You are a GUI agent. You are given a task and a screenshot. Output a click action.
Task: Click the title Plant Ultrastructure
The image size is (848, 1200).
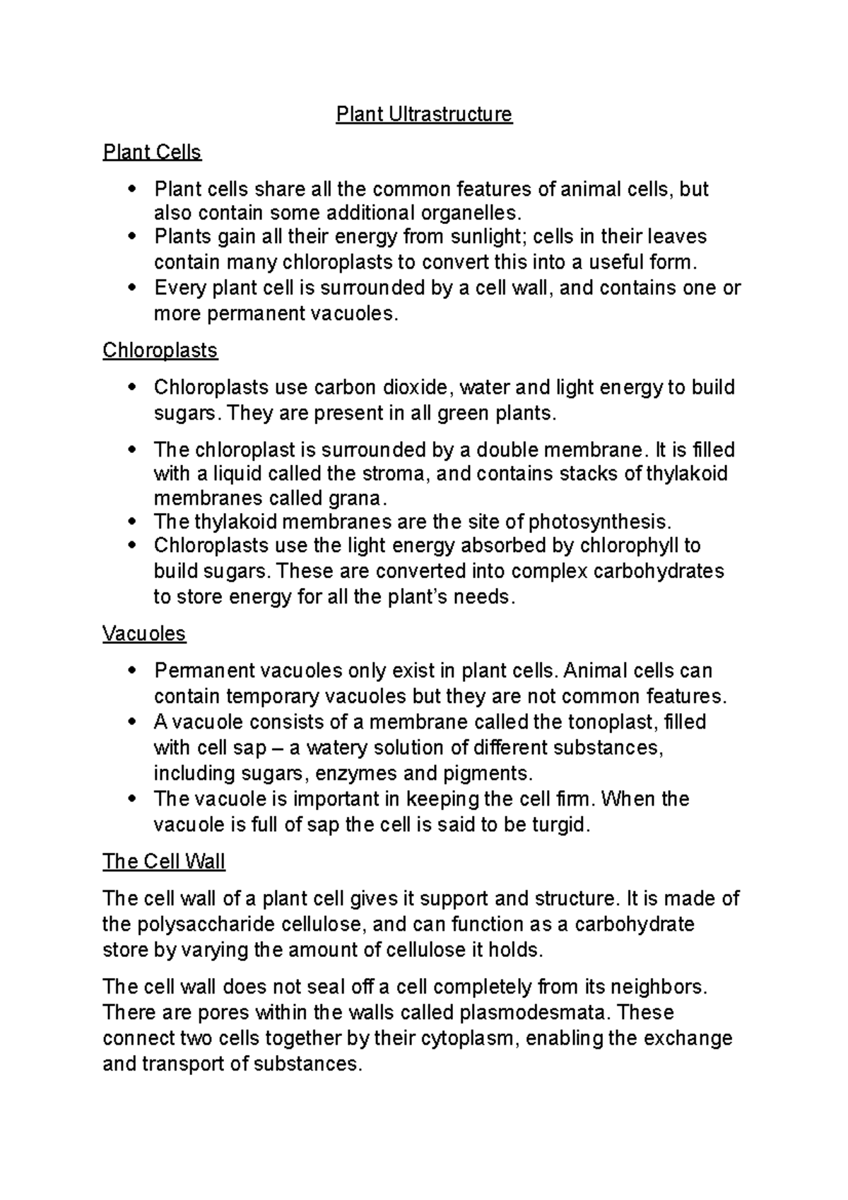pos(423,114)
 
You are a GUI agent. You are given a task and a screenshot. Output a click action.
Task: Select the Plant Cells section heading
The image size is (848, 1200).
pos(152,152)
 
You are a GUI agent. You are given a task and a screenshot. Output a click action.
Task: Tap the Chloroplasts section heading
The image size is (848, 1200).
pos(160,351)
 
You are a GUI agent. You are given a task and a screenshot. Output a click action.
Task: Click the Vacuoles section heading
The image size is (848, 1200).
pos(144,633)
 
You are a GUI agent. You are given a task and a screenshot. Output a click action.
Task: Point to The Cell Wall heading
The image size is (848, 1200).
pos(163,861)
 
